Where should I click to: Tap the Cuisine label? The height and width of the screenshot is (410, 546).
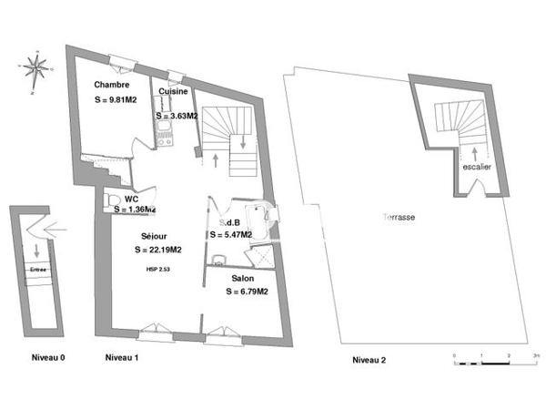click(173, 92)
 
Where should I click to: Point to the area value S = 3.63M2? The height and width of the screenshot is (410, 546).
click(176, 117)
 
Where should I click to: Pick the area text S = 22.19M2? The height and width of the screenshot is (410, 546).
click(157, 250)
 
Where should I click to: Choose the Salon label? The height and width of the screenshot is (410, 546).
click(242, 278)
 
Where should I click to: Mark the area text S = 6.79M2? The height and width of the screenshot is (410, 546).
click(246, 292)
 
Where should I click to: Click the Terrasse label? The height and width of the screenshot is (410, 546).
click(399, 219)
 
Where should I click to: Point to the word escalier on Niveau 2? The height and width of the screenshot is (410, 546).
click(476, 168)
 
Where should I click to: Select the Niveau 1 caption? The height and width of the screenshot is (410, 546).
click(121, 359)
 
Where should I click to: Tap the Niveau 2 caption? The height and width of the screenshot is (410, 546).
click(369, 360)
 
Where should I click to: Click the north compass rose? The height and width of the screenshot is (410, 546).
click(36, 67)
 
